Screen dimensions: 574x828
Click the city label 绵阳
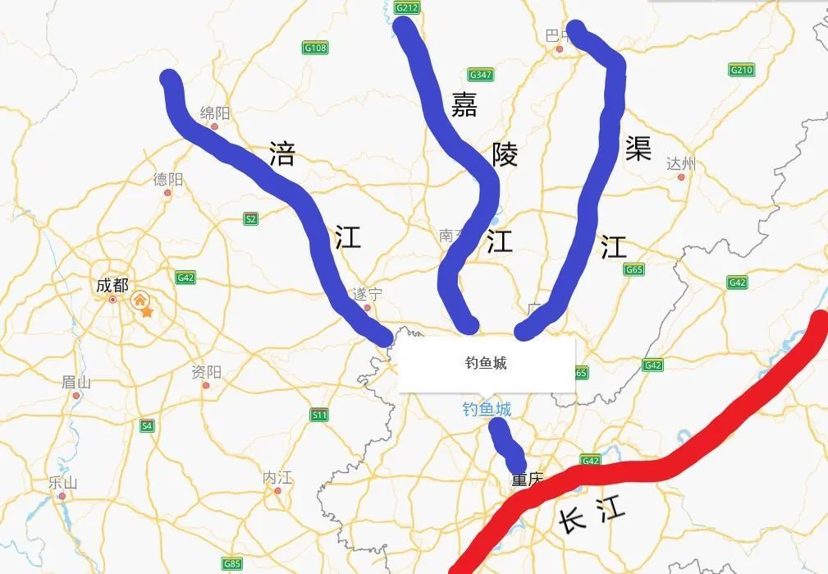(215, 113)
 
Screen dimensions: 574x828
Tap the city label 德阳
(168, 180)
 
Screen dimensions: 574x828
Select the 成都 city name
(112, 286)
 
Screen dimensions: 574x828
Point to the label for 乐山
(62, 482)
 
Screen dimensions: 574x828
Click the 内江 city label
(277, 477)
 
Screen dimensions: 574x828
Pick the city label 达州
(680, 163)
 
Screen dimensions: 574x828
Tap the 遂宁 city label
(366, 294)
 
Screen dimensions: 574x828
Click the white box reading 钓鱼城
(487, 363)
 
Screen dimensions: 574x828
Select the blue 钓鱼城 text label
(486, 409)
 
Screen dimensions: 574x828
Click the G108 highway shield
(315, 48)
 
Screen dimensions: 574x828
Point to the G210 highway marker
(741, 70)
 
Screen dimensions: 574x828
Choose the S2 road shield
(251, 218)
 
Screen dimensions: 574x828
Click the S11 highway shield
(319, 416)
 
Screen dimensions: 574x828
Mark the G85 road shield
(233, 563)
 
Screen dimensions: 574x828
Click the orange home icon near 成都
(140, 300)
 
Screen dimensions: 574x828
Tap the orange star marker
(147, 311)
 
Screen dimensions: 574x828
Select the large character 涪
(281, 154)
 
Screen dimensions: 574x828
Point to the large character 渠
(637, 149)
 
